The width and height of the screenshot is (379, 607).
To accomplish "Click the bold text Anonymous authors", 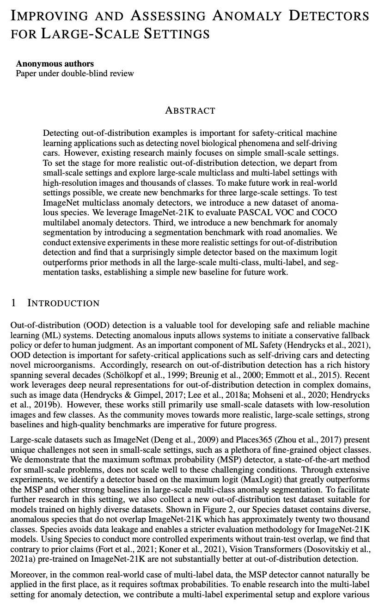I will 55,64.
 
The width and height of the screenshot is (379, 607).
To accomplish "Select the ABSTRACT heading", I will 190,110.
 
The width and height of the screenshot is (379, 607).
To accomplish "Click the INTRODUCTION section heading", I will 63,303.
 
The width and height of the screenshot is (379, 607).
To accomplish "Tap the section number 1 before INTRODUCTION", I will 13,303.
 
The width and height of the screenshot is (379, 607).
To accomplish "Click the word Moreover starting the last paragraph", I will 27,575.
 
